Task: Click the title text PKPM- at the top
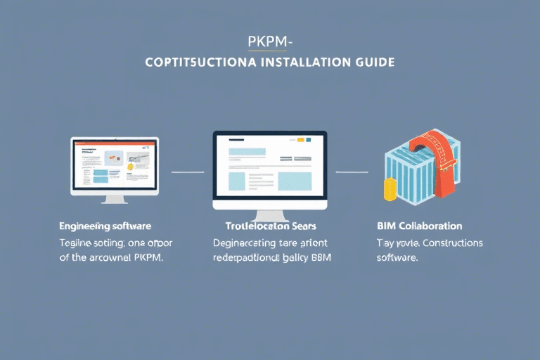tap(269, 41)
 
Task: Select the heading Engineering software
tap(105, 226)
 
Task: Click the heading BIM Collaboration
tap(420, 226)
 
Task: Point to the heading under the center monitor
tap(270, 226)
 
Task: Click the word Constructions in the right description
tap(448, 243)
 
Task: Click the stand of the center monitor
tap(270, 214)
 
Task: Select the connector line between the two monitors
tap(187, 172)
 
